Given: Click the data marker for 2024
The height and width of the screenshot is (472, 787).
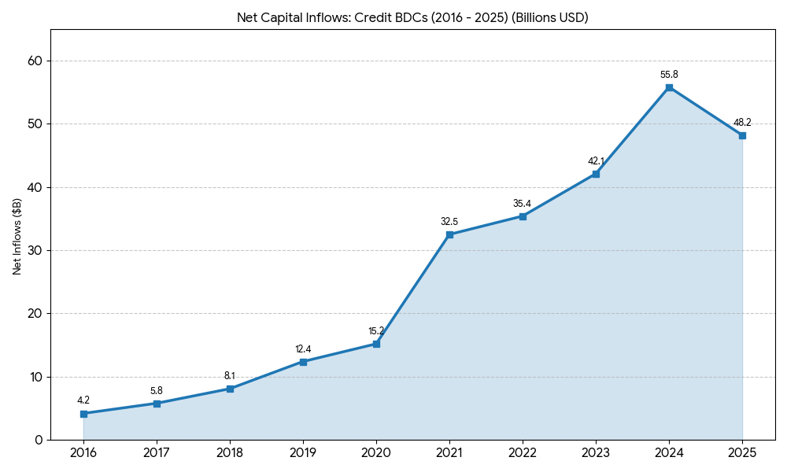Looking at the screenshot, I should [669, 87].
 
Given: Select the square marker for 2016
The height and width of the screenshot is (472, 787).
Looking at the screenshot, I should [83, 413].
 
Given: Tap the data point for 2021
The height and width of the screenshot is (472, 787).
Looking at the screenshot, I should [449, 234].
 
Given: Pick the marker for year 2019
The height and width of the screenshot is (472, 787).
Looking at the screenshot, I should [303, 362].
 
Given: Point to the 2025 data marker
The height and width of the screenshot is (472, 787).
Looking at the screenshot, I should [742, 135].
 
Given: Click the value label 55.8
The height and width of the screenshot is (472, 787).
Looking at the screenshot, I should [669, 75].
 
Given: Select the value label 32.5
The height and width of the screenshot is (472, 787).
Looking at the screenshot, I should [449, 222].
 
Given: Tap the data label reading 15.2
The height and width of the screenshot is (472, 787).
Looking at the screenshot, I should [376, 331].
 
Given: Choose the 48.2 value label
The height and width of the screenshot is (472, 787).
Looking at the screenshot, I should [742, 123].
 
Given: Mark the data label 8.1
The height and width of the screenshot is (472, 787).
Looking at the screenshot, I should [230, 376].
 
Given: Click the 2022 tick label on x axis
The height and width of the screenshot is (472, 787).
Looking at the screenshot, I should [523, 452].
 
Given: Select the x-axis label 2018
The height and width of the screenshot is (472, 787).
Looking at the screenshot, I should [230, 452].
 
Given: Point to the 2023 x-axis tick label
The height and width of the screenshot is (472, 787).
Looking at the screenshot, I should [596, 452].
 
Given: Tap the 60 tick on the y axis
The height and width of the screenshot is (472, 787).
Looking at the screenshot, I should [34, 61].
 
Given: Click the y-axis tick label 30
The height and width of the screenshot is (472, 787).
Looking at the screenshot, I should [34, 251].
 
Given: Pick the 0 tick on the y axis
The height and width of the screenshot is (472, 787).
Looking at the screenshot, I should [39, 440].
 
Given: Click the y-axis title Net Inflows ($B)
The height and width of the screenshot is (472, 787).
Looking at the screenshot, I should [17, 236].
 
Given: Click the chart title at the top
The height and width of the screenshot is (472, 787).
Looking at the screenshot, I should [412, 17].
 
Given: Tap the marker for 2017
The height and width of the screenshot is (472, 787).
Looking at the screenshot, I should [157, 404].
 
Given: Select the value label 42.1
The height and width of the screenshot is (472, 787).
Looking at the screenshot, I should [596, 161].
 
